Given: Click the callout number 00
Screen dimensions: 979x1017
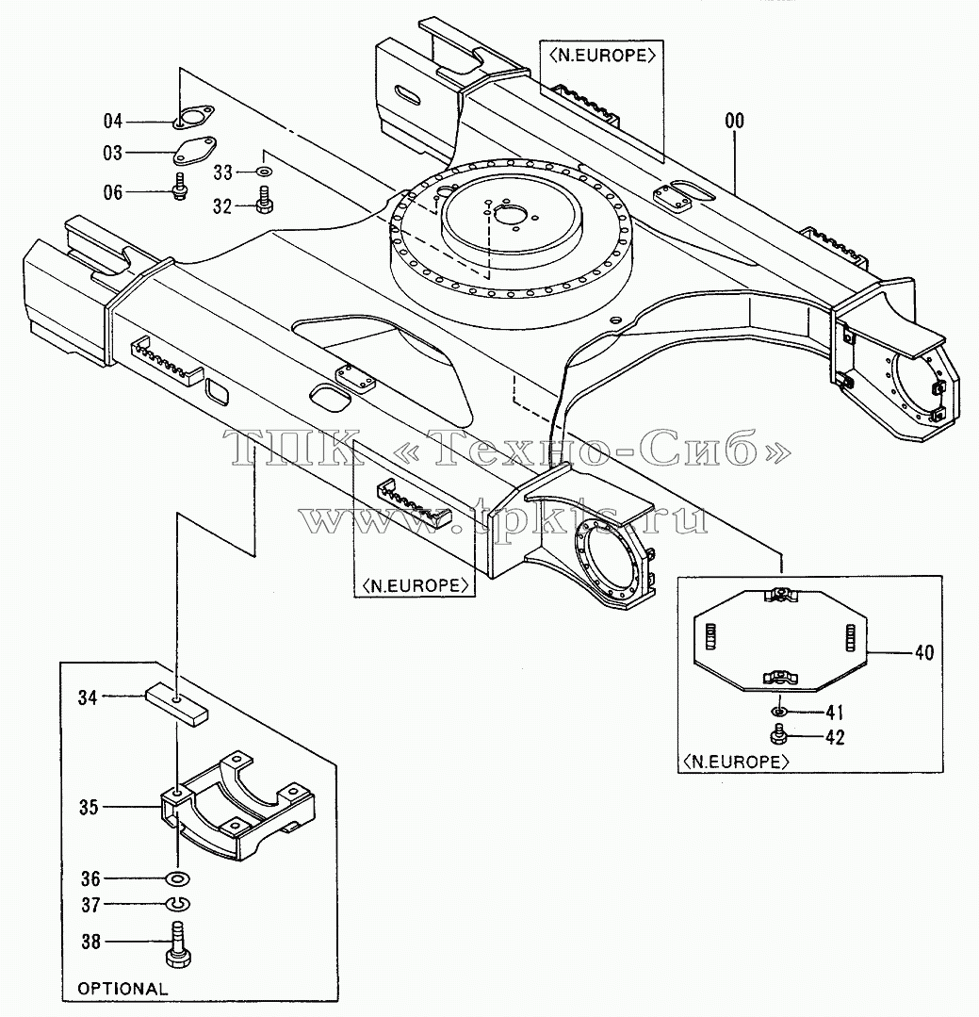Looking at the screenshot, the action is pos(735,121).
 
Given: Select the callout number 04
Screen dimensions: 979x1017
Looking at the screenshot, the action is pos(113,122).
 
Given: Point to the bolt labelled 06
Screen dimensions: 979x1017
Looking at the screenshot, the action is pos(180,186).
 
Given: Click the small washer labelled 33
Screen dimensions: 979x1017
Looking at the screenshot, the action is pos(265,172).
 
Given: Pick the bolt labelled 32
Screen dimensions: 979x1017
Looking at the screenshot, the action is pos(265,200).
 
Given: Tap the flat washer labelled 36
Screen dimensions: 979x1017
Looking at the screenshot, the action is pos(177,878).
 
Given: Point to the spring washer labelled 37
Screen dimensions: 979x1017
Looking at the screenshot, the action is pos(177,904).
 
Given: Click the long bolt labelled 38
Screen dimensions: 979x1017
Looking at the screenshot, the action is pos(178,945).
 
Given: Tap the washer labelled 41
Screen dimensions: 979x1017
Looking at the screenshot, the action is pos(780,712).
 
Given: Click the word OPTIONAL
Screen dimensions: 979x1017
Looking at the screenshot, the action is pos(122,989).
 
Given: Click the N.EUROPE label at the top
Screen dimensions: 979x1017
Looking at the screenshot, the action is pos(602,55).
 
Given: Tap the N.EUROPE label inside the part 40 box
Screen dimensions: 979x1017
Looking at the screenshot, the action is pos(735,762).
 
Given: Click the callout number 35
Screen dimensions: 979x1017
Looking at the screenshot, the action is pos(89,807).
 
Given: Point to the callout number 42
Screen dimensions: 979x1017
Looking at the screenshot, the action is pos(835,737).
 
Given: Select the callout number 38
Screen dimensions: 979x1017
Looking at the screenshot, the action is pos(91,941).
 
